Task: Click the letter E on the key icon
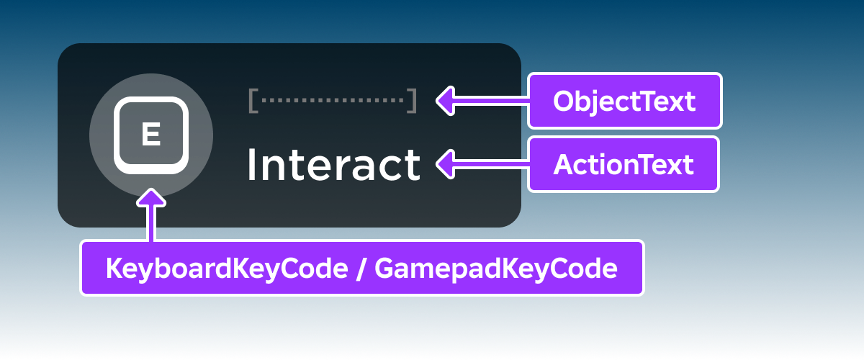tap(150, 135)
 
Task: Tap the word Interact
tap(333, 165)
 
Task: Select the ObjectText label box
tap(624, 101)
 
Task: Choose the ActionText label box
tap(624, 164)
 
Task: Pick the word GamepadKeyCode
tap(496, 269)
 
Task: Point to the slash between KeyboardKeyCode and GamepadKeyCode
tap(359, 269)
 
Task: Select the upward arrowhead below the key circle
tap(151, 197)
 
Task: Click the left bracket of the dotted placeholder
tap(253, 101)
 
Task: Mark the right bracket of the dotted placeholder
tap(412, 101)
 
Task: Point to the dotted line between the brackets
tap(332, 101)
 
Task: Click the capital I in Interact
tap(251, 165)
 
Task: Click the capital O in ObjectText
tap(564, 102)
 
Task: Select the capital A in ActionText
tap(563, 165)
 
